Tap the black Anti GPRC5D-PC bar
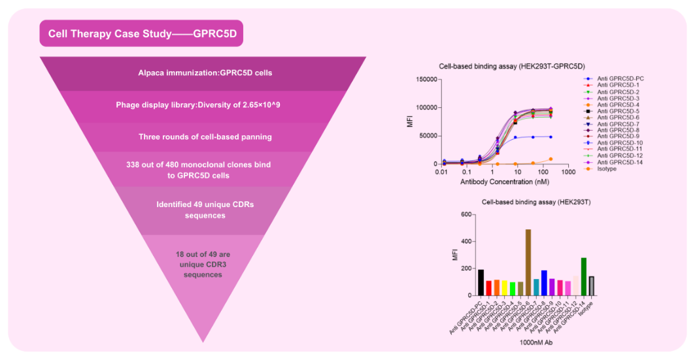(x=481, y=282)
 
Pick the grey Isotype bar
(x=591, y=286)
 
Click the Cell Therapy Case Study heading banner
(x=141, y=33)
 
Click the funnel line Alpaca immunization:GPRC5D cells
(x=205, y=73)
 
